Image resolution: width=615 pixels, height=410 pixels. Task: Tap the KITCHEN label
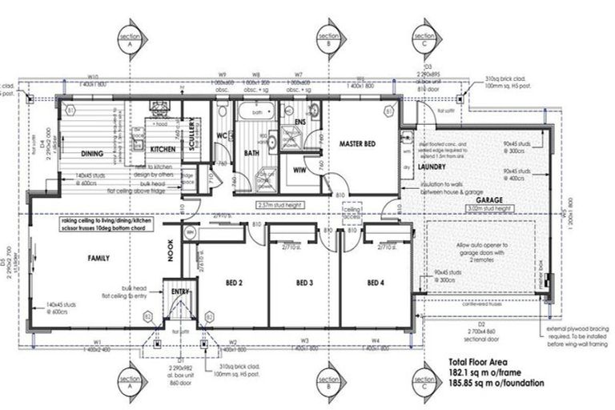click(163, 150)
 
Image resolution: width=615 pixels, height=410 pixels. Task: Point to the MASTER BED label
click(358, 145)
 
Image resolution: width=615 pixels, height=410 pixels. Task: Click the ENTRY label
click(179, 293)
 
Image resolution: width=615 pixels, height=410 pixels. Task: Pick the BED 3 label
click(303, 283)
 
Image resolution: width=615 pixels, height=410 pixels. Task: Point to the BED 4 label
click(376, 283)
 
